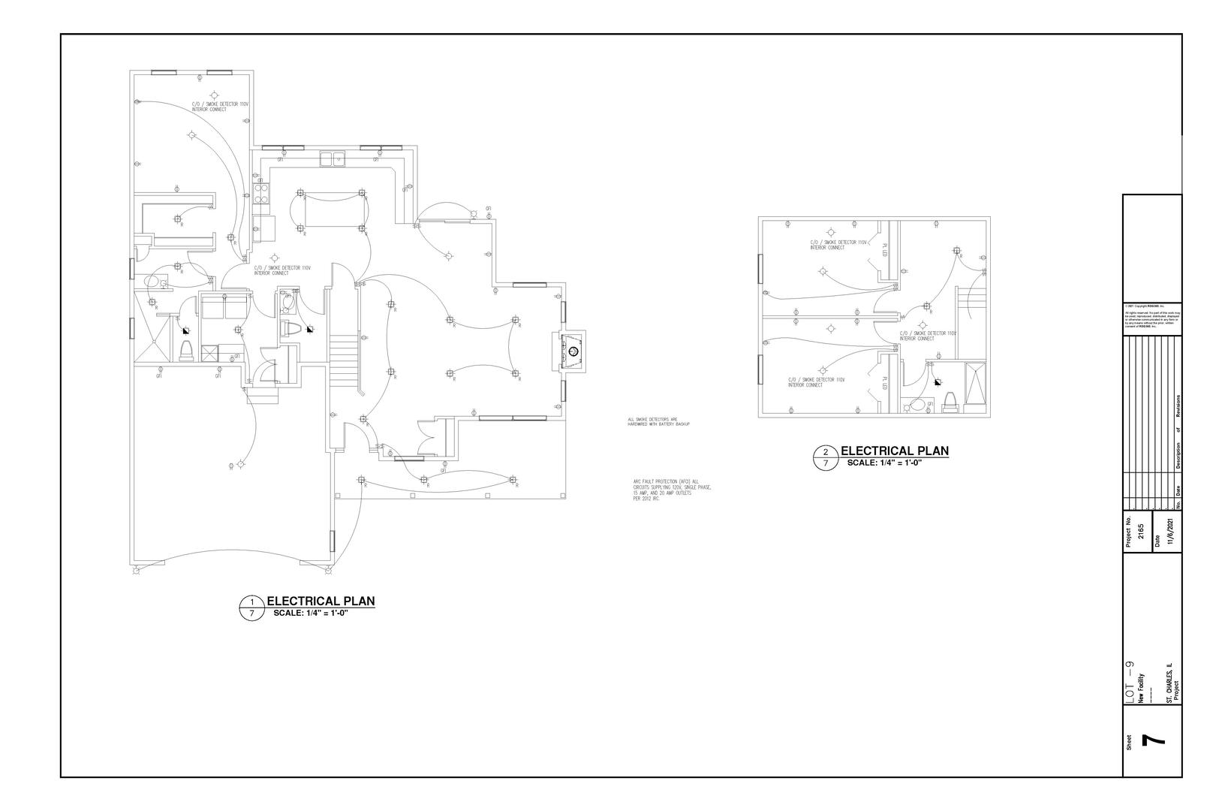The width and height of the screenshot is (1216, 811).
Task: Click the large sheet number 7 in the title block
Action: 1153,740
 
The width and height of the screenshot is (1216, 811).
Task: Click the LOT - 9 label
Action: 1130,682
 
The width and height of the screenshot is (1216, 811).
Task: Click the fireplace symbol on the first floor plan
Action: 572,351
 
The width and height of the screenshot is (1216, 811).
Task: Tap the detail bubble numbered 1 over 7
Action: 252,607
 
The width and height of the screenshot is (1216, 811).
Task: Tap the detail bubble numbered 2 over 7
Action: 826,457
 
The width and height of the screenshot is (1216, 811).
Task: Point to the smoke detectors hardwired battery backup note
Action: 658,422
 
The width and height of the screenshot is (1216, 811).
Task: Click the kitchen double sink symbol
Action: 331,158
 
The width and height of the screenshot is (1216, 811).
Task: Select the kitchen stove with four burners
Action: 262,194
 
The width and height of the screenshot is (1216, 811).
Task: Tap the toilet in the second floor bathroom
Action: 950,402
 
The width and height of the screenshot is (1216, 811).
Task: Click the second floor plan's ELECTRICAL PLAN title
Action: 895,451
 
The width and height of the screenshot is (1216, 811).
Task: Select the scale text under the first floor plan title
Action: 311,613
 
